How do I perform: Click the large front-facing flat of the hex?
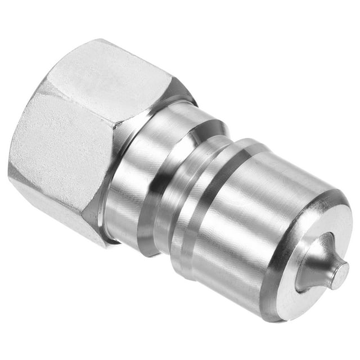[x=62, y=146]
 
